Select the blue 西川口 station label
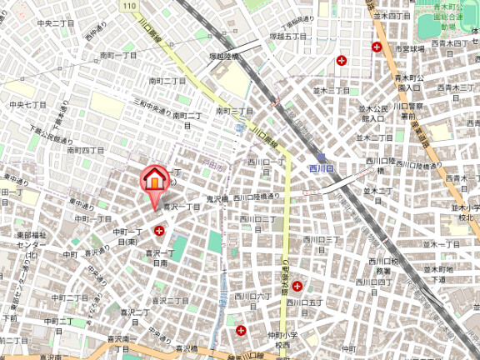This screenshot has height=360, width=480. coord(321,168)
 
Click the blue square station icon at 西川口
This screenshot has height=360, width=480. coord(320,156)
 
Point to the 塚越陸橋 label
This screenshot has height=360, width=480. coord(223,56)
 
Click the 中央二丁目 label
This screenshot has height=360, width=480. coord(56,23)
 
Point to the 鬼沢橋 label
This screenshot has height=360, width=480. coord(217,198)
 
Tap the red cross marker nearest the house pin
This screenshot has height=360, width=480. coord(158,230)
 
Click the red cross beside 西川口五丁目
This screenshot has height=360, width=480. coord(297,286)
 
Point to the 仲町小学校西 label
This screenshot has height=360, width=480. coord(282,340)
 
